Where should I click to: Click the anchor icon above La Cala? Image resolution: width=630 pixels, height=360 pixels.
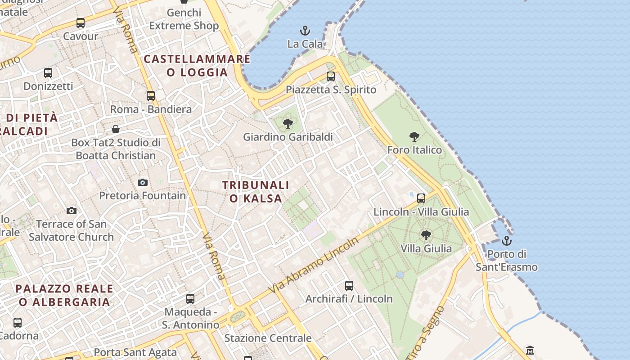coord(305,31)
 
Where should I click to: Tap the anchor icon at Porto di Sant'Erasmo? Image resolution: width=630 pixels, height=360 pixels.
coord(507,241)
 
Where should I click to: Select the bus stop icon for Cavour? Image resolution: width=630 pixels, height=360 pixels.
coord(81,23)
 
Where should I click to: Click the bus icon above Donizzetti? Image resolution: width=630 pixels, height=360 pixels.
coord(48,72)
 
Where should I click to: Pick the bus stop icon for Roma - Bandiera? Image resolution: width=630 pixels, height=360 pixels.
coord(151,96)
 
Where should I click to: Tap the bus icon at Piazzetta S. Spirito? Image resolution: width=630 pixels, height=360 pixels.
coord(331,76)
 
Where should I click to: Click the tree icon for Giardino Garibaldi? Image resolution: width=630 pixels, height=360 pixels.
coord(288,124)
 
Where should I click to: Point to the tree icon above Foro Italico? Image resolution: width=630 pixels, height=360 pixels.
coord(414,137)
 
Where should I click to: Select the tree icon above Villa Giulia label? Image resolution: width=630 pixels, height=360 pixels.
coord(426,235)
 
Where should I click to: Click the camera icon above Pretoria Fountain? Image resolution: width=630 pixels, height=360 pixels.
coord(143,182)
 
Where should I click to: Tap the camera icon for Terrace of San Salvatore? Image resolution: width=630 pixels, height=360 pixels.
coord(72,211)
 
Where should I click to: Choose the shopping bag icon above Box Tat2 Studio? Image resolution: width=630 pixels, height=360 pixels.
coord(116,130)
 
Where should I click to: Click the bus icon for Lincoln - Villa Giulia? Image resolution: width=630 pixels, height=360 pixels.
coord(421,198)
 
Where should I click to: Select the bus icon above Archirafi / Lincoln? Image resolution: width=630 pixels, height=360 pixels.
coord(349,285)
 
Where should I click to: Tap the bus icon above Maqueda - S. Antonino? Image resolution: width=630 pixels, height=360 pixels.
coord(190,299)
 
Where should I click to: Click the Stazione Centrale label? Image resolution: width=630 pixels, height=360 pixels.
coord(268,338)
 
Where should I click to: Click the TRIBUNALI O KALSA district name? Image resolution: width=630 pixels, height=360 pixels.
coord(256,192)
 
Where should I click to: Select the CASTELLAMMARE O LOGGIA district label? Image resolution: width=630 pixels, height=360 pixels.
coord(197,65)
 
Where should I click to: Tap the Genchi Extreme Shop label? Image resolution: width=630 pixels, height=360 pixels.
coord(184,19)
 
